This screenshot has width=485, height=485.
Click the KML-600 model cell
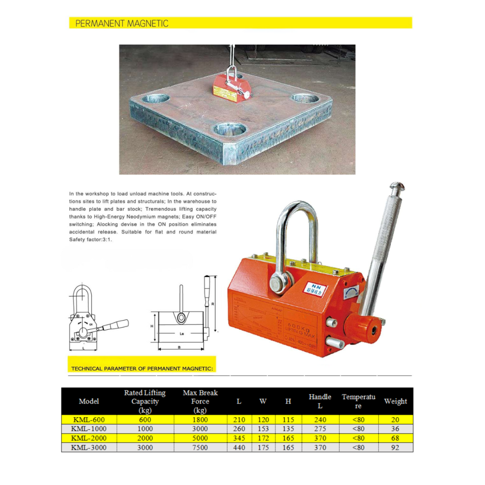pyautogui.click(x=88, y=420)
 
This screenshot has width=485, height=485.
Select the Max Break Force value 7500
pyautogui.click(x=200, y=447)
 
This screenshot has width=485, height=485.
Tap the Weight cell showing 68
pyautogui.click(x=395, y=438)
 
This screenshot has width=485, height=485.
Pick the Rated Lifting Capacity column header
pyautogui.click(x=145, y=401)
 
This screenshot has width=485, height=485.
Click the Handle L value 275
pyautogui.click(x=320, y=429)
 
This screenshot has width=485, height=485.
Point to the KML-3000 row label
pyautogui.click(x=88, y=447)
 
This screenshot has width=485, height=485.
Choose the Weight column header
pyautogui.click(x=395, y=401)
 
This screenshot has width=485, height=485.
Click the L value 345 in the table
pyautogui.click(x=239, y=438)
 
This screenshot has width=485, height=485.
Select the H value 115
pyautogui.click(x=288, y=420)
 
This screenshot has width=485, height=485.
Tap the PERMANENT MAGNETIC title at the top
pyautogui.click(x=122, y=23)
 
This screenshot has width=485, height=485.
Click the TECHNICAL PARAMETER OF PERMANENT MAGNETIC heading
pyautogui.click(x=142, y=369)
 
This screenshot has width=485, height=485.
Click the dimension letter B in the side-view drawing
pyautogui.click(x=179, y=348)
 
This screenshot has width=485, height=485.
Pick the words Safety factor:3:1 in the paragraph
pyautogui.click(x=91, y=240)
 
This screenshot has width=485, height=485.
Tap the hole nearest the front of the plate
pyautogui.click(x=230, y=129)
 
